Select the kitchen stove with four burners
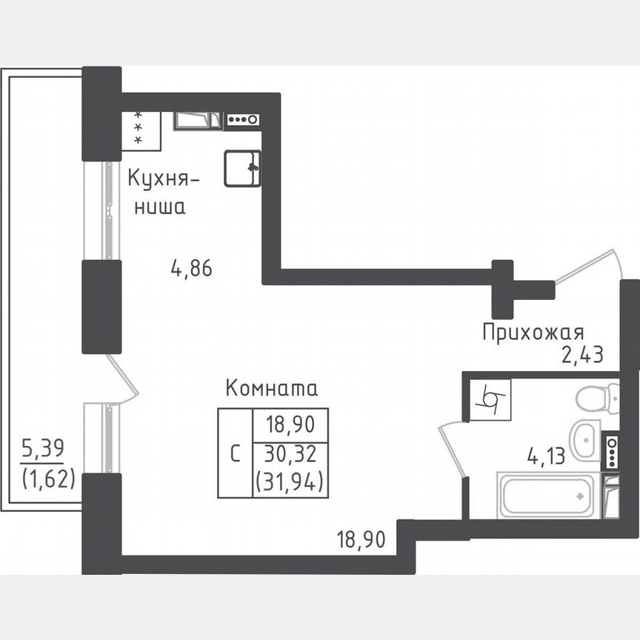click(243, 119)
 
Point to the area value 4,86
click(191, 268)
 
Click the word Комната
click(271, 388)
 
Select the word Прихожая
click(533, 332)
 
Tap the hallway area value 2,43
click(582, 355)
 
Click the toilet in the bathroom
click(599, 399)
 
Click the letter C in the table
click(235, 453)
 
